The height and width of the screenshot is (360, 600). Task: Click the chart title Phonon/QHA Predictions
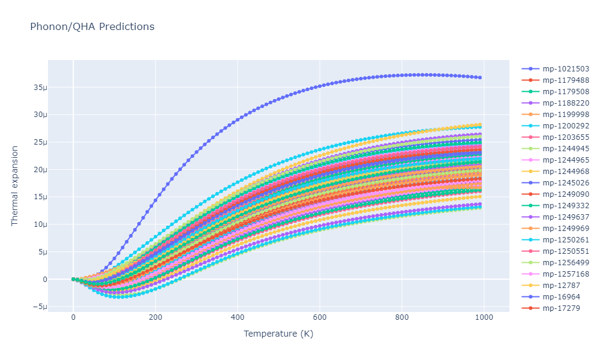92,27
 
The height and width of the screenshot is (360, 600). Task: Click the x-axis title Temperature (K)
278,334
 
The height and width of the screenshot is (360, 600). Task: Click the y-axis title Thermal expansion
15,186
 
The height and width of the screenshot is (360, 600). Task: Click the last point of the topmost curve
479,77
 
